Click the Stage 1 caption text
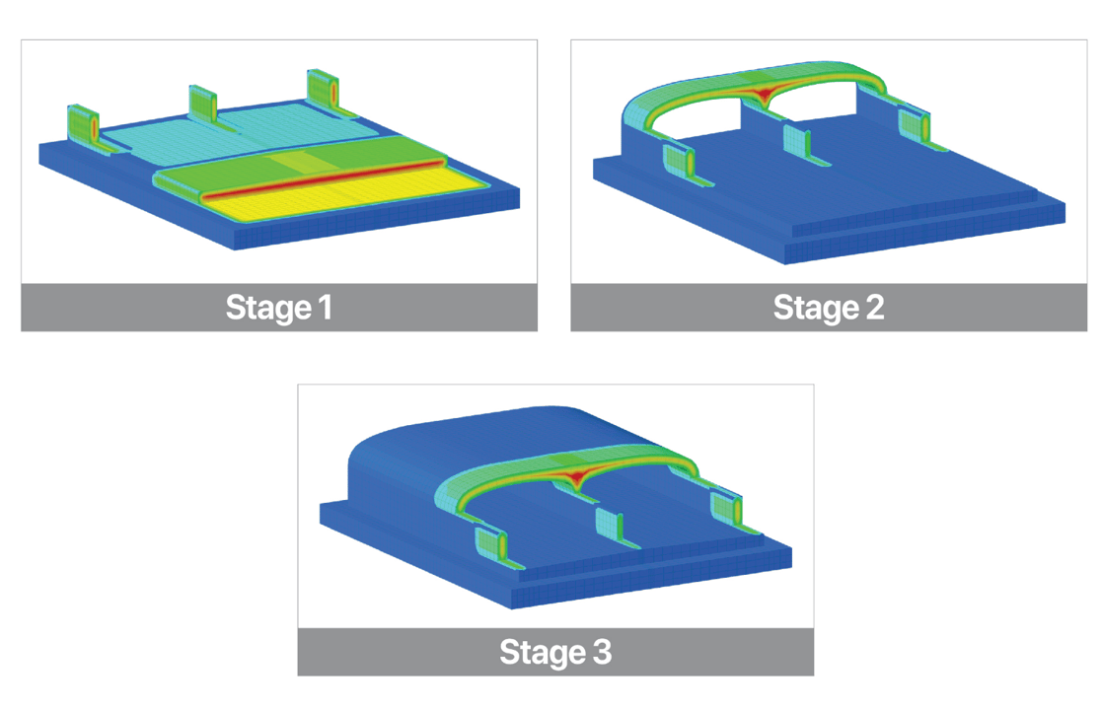(x=279, y=308)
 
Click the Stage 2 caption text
(x=829, y=308)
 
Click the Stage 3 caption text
(x=555, y=652)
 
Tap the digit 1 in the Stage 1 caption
(x=326, y=307)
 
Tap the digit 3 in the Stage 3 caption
(x=602, y=652)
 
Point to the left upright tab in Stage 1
(x=84, y=127)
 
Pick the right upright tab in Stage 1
(x=323, y=90)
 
